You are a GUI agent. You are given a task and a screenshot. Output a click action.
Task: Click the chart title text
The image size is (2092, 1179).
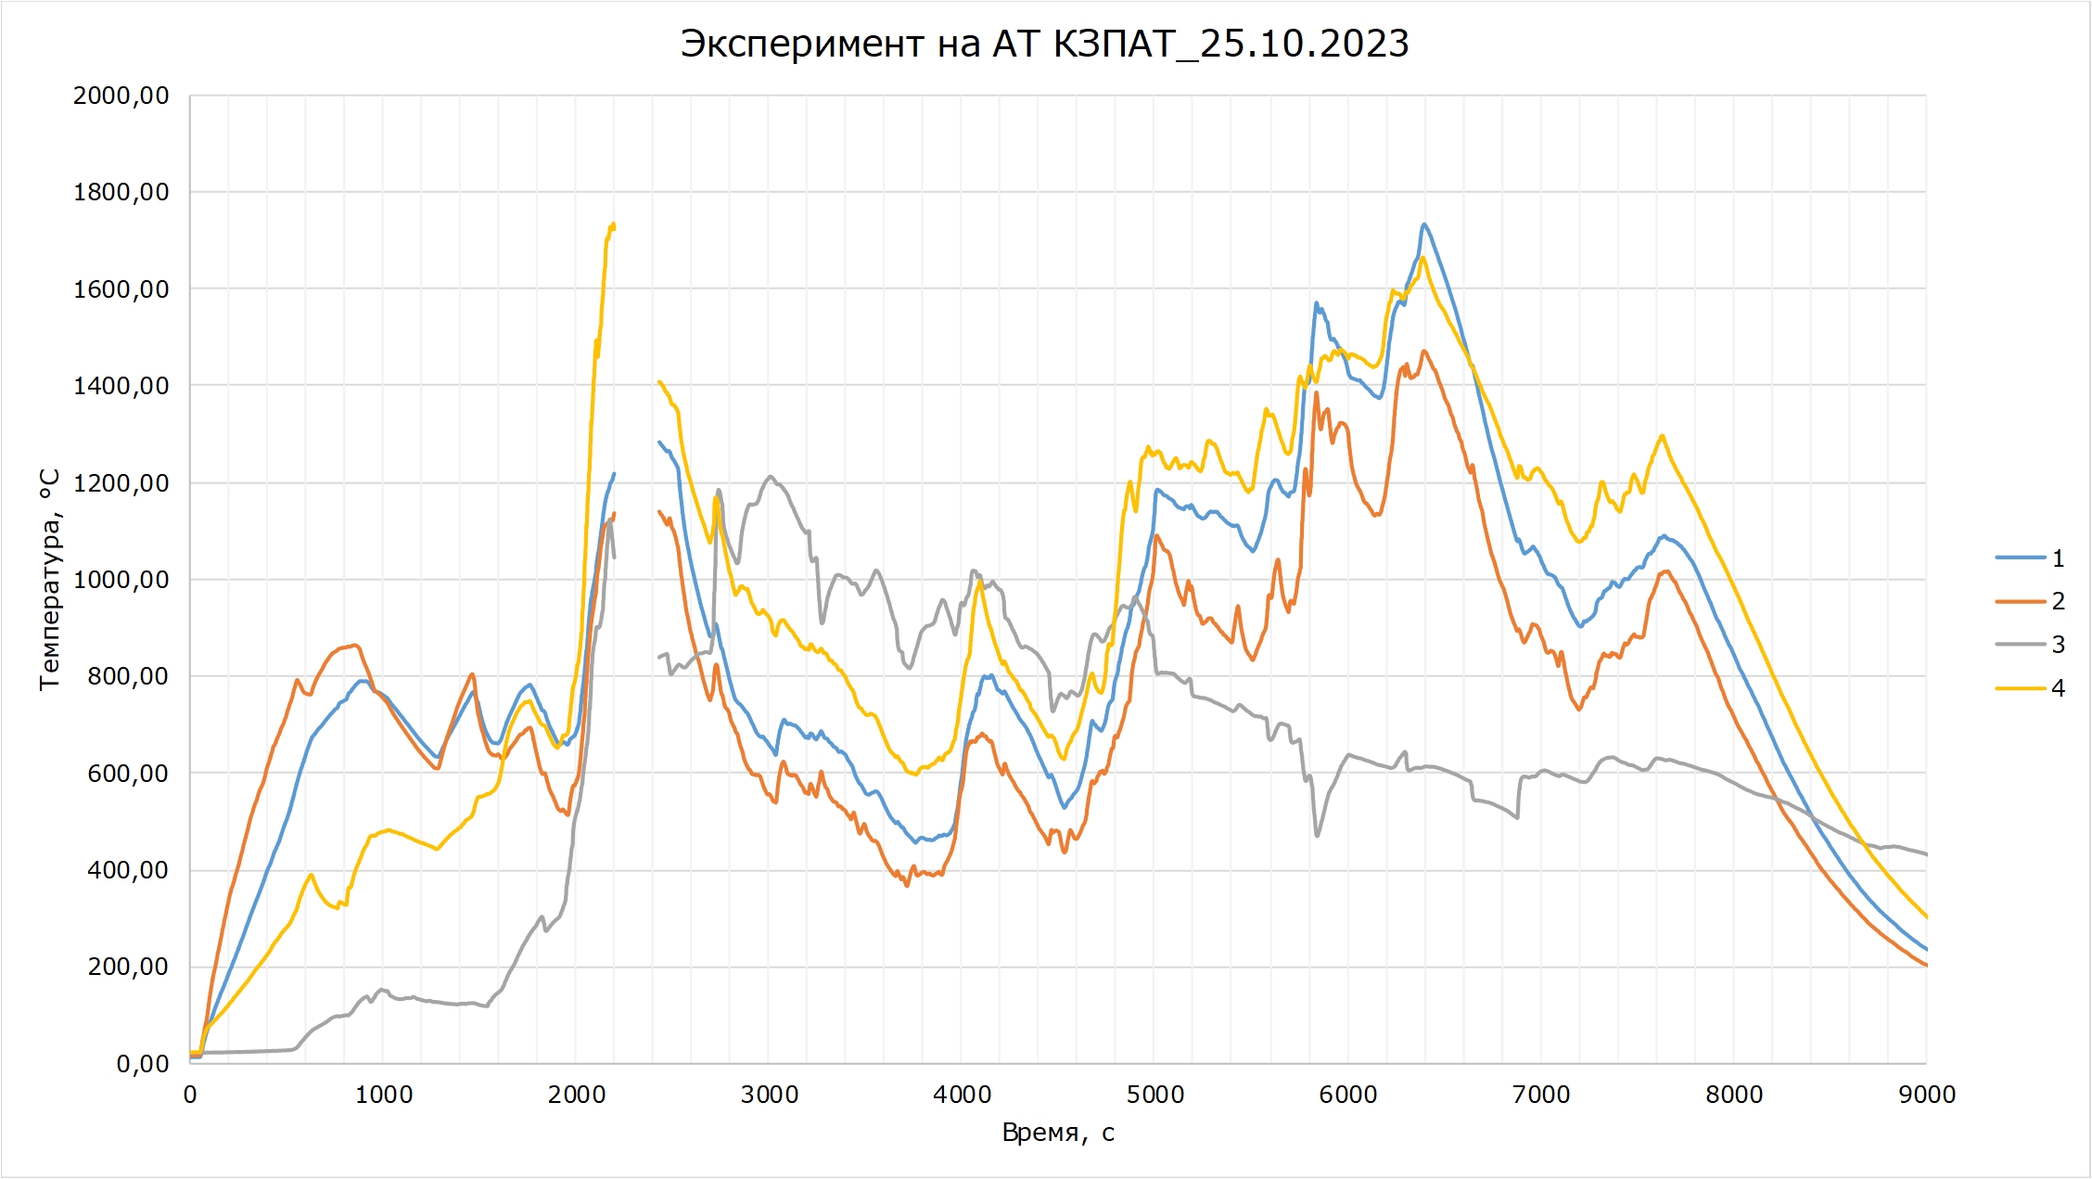tap(1044, 44)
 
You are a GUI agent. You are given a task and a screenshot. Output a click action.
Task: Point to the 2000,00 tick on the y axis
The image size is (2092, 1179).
tap(121, 96)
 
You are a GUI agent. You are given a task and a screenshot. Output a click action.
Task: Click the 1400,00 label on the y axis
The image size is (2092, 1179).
tap(121, 386)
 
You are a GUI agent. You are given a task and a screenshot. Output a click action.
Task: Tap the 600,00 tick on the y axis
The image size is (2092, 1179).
tap(128, 774)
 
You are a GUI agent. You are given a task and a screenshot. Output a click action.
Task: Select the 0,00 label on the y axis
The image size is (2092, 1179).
tap(142, 1064)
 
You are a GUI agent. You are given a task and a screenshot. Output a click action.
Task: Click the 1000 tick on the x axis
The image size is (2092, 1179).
tap(384, 1095)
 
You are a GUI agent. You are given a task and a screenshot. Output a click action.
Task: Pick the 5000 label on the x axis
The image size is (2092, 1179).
tap(1155, 1095)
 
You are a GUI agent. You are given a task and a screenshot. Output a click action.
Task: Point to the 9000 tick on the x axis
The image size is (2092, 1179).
tap(1927, 1095)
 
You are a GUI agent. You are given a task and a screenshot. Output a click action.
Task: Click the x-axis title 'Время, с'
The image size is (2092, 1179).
tap(1058, 1133)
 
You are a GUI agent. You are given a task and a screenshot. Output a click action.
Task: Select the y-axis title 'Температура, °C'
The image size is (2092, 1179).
tap(50, 580)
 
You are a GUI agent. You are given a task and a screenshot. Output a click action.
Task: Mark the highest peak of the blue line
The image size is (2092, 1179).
tap(1424, 224)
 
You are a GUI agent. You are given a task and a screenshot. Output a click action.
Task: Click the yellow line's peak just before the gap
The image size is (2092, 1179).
tap(613, 224)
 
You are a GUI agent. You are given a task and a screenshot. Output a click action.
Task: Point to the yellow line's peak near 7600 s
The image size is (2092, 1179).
tap(1662, 436)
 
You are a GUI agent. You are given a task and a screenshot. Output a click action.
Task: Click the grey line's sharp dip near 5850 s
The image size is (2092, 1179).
tap(1317, 836)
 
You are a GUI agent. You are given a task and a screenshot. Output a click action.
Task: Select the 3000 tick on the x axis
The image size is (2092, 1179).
tap(770, 1095)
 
